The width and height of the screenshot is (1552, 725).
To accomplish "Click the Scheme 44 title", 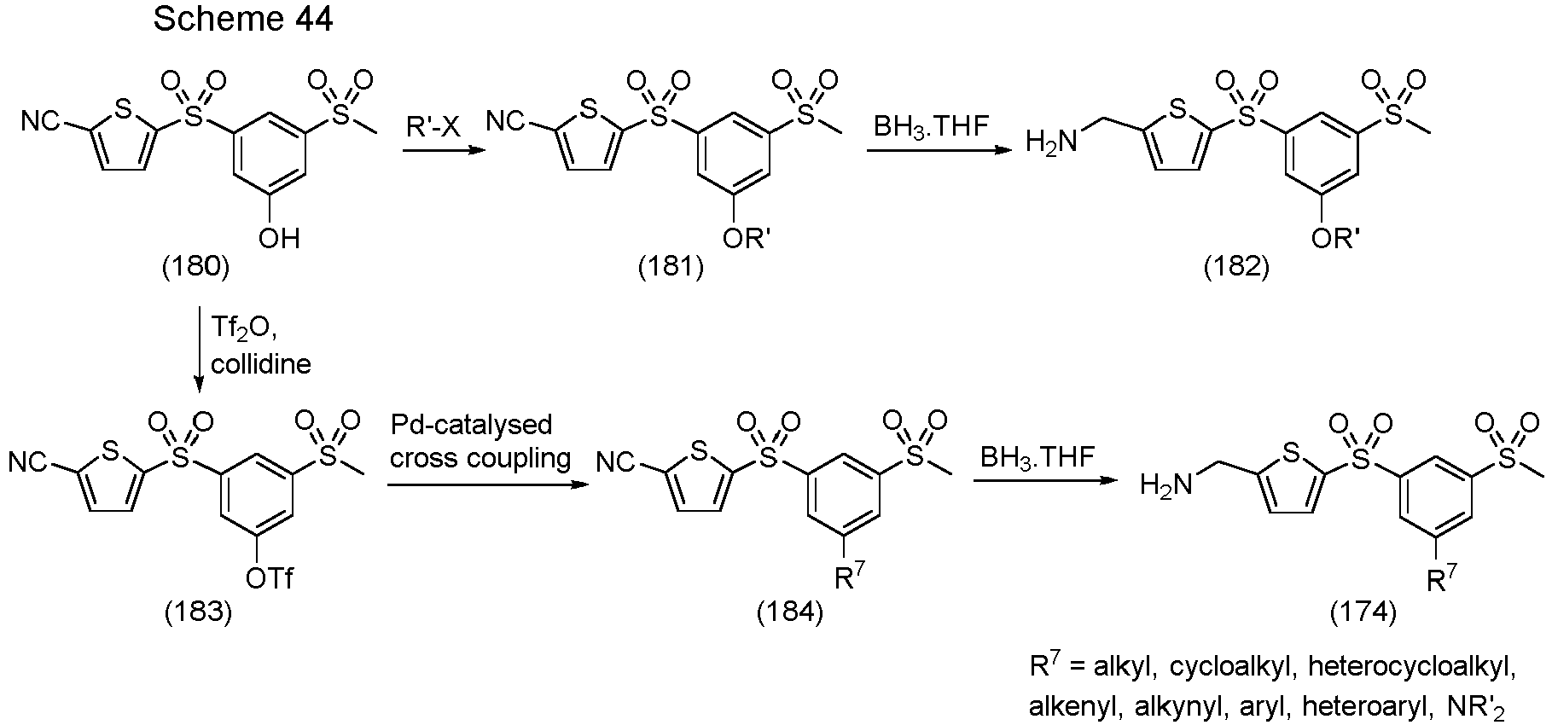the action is (243, 20).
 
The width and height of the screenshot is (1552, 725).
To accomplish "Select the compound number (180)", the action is (196, 267).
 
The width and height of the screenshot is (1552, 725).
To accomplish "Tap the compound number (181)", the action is (671, 267).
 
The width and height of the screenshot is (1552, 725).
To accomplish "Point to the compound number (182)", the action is (1236, 267).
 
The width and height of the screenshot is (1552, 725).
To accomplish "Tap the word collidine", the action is (261, 364).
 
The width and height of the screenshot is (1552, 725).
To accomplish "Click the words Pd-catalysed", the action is (471, 425).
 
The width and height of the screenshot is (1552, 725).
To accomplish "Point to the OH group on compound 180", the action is (279, 238).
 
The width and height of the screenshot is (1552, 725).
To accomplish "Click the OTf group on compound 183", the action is (269, 579).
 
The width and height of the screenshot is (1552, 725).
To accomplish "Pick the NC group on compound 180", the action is (40, 123).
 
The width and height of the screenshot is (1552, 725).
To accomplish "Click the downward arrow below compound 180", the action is (199, 350).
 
